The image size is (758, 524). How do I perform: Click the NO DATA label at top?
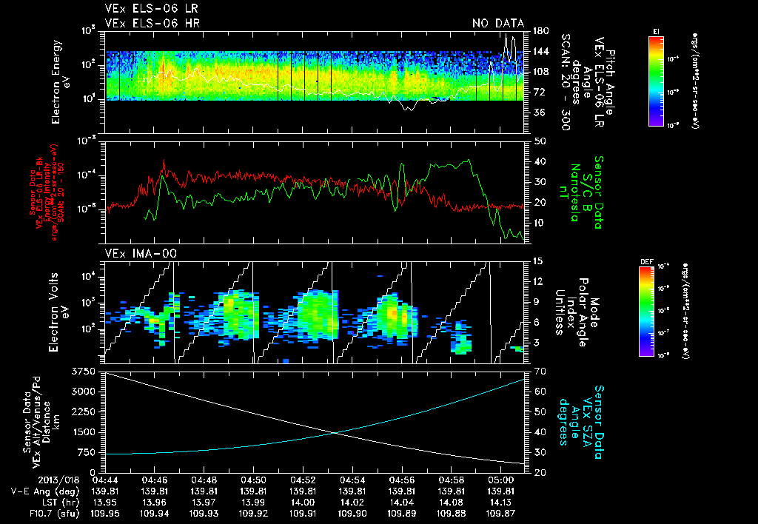coord(498,23)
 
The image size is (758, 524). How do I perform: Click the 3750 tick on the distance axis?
coord(86,370)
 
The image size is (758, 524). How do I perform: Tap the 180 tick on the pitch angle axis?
coord(540,31)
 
